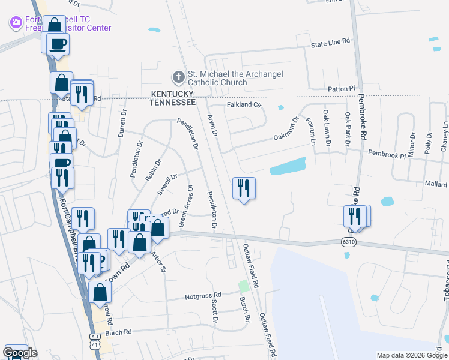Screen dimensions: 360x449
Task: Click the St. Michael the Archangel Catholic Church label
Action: (235, 78)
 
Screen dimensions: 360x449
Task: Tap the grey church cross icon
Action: (178, 77)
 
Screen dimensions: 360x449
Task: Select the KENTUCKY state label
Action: (172, 94)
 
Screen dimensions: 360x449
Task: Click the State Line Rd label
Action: (330, 43)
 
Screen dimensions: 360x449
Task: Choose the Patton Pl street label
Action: (342, 89)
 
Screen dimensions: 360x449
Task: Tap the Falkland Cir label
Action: (244, 104)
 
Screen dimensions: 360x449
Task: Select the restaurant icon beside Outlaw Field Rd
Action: (244, 188)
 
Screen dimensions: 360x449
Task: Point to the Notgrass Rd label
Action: (203, 295)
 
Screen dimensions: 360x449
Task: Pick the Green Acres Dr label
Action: (185, 206)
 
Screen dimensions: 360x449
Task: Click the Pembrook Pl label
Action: (387, 155)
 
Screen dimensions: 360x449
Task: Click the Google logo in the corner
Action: (20, 353)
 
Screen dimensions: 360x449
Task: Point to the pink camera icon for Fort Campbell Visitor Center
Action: (16, 23)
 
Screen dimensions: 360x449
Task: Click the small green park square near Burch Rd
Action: (243, 286)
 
